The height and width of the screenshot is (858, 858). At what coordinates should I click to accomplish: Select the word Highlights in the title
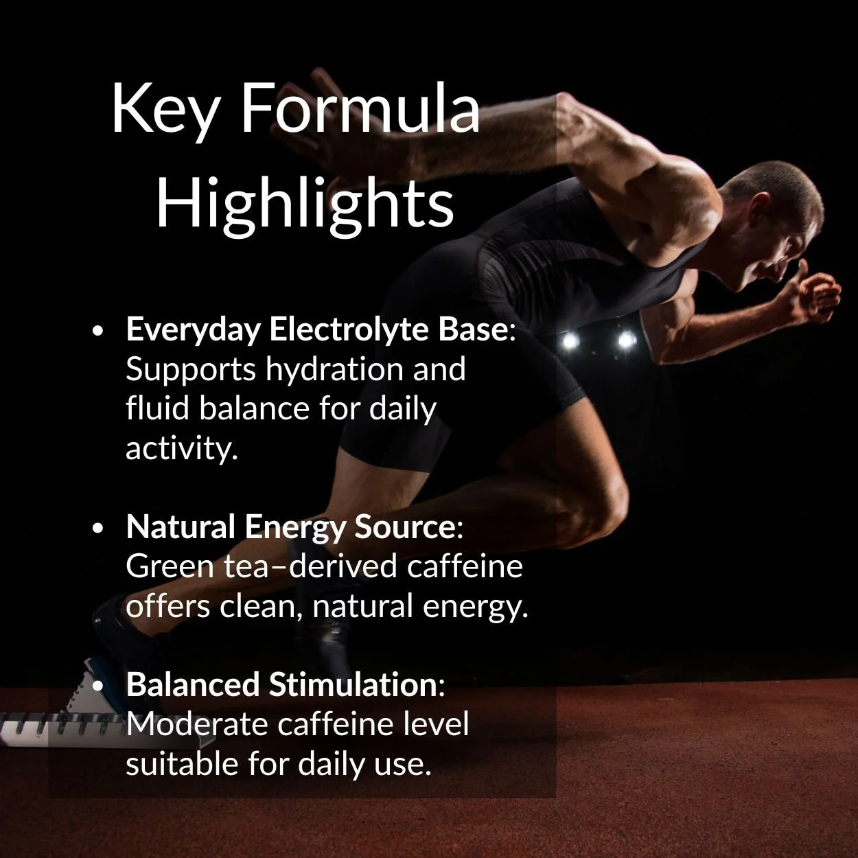(305, 204)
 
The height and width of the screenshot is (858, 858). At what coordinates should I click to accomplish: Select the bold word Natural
(181, 527)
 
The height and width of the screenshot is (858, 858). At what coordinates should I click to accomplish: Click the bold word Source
(404, 527)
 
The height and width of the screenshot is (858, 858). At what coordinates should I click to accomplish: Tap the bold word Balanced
(192, 685)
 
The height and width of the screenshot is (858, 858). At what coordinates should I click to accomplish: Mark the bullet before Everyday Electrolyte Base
(98, 331)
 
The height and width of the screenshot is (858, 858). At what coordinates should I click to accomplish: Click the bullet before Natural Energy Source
(98, 529)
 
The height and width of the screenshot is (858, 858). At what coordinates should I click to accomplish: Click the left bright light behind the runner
(569, 340)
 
